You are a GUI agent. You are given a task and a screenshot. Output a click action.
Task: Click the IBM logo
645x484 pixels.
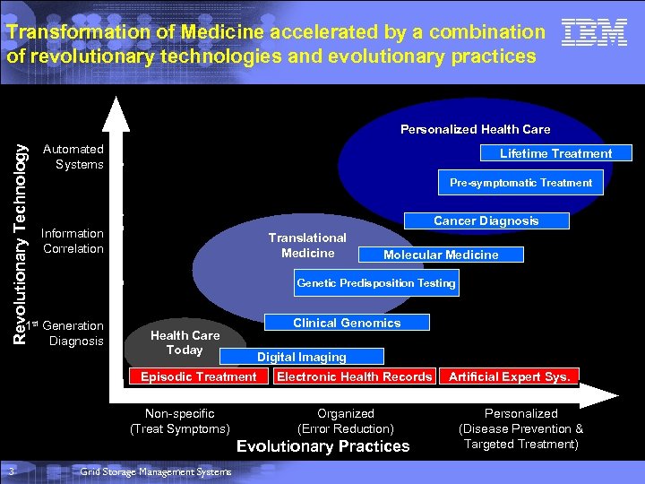click(x=594, y=34)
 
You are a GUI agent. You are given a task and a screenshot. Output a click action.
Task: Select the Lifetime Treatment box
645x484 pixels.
click(x=555, y=153)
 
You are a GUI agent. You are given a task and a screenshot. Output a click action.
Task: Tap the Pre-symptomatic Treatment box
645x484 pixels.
click(x=520, y=183)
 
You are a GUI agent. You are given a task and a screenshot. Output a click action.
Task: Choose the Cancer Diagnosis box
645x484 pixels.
click(x=486, y=220)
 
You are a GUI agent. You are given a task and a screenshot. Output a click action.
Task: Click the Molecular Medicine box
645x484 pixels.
click(x=441, y=255)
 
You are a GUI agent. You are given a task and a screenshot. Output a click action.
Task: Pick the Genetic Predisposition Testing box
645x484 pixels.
click(x=376, y=283)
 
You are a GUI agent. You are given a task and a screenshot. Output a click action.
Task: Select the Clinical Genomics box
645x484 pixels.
click(x=347, y=323)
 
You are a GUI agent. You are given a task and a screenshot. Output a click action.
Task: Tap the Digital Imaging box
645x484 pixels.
click(x=302, y=357)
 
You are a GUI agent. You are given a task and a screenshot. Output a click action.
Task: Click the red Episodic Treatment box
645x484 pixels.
click(x=199, y=376)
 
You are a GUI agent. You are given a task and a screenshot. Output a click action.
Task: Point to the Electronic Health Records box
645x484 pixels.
click(x=355, y=376)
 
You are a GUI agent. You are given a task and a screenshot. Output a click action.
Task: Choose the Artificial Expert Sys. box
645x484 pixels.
click(x=509, y=376)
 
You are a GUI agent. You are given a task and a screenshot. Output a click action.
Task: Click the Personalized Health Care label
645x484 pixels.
click(x=475, y=130)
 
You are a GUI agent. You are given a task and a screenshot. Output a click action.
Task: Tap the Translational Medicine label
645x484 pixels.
click(x=307, y=246)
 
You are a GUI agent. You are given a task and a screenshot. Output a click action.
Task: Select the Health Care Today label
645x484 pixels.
click(x=185, y=342)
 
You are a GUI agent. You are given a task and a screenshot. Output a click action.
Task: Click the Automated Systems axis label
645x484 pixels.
click(x=79, y=157)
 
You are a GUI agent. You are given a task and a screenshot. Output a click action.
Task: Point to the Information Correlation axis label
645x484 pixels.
click(x=73, y=241)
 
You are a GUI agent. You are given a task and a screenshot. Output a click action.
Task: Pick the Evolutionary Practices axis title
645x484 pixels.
click(x=322, y=446)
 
